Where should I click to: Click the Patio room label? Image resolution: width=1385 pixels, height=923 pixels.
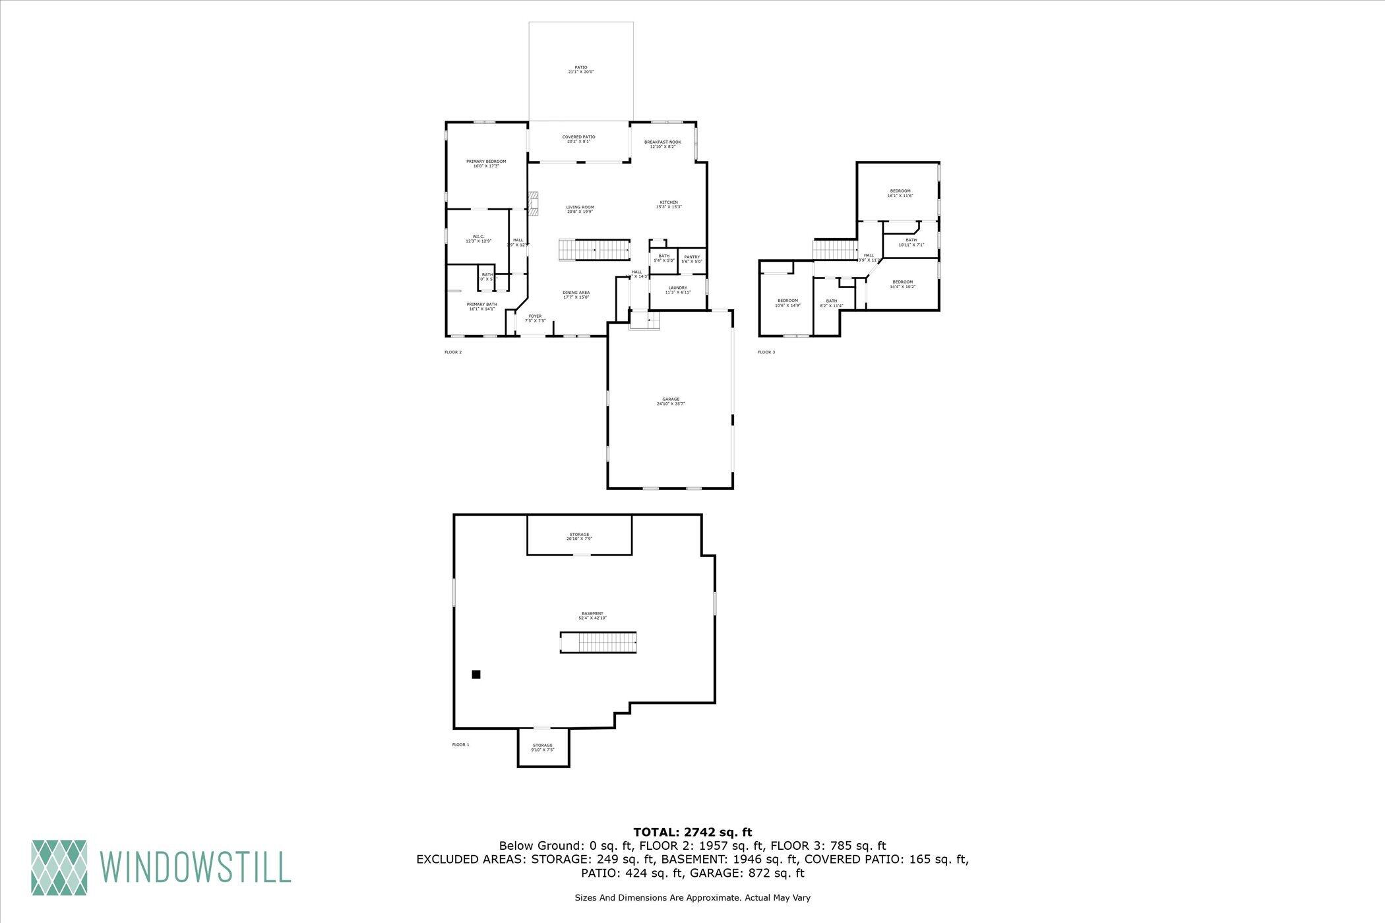pyautogui.click(x=580, y=69)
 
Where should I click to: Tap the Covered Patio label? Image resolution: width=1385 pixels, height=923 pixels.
pyautogui.click(x=578, y=139)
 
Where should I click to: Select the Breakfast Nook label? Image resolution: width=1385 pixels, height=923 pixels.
pyautogui.click(x=662, y=144)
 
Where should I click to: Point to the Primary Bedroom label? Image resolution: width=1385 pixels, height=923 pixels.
pyautogui.click(x=486, y=164)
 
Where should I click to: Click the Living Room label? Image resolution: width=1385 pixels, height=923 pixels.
pyautogui.click(x=580, y=209)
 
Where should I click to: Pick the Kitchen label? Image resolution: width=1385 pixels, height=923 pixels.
pyautogui.click(x=669, y=204)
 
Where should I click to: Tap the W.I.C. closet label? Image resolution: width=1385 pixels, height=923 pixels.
pyautogui.click(x=478, y=239)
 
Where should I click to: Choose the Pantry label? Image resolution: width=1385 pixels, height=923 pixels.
pyautogui.click(x=692, y=259)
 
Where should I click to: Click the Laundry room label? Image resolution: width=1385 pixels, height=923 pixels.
pyautogui.click(x=677, y=289)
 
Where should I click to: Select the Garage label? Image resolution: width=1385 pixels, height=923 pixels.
pyautogui.click(x=671, y=401)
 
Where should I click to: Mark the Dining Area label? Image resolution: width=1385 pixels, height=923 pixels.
pyautogui.click(x=576, y=295)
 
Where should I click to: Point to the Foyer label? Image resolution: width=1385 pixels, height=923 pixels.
pyautogui.click(x=535, y=318)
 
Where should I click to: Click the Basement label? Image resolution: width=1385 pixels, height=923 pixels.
pyautogui.click(x=592, y=615)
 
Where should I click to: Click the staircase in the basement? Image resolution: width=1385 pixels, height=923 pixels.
pyautogui.click(x=598, y=642)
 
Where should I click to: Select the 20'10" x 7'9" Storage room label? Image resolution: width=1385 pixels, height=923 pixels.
pyautogui.click(x=579, y=536)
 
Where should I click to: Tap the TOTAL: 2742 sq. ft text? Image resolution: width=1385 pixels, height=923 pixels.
pyautogui.click(x=692, y=832)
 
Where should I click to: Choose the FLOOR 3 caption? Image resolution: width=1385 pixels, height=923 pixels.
pyautogui.click(x=766, y=352)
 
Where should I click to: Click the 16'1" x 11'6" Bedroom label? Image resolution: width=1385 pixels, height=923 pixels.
pyautogui.click(x=900, y=193)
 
